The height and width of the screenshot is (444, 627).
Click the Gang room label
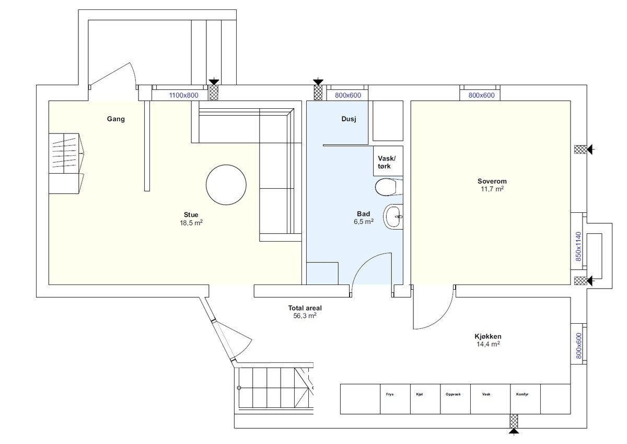pos(115,119)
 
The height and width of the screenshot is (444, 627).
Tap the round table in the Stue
pos(226,185)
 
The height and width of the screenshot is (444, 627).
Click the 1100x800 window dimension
pos(183,95)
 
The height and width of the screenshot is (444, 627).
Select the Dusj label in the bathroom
pos(349,119)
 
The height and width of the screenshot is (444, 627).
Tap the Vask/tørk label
pos(387,162)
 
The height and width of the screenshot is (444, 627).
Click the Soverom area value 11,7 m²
pos(492,189)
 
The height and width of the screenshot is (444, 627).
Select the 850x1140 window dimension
pos(578,247)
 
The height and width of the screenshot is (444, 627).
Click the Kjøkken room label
pos(488,336)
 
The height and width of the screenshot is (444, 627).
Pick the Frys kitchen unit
pos(395,399)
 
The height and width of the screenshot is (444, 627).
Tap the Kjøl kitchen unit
pos(425,399)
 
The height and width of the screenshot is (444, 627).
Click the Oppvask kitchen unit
pos(456,399)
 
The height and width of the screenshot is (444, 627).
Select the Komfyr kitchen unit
pos(525,399)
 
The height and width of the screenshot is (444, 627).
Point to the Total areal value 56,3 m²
pos(305,316)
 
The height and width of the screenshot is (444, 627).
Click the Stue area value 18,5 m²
pos(191,223)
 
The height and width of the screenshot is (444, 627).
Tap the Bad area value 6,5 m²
pos(364,222)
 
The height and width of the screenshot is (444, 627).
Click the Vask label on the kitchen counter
pos(486,394)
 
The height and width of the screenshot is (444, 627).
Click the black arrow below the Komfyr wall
pos(514,431)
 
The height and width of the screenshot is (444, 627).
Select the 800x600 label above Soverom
pos(481,95)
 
